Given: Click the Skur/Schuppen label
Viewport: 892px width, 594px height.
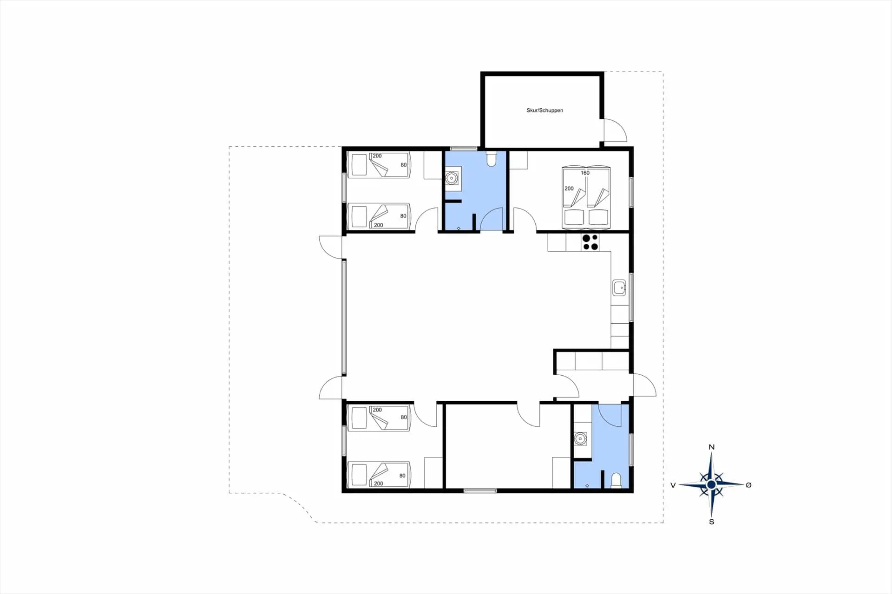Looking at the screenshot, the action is point(544,111).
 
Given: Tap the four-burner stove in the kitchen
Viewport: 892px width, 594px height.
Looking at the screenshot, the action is point(590,242).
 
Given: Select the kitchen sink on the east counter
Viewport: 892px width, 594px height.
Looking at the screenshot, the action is point(619,288).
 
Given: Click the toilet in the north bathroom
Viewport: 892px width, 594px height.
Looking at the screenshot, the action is point(492,158).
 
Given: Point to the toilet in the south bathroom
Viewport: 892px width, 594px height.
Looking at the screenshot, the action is point(616,481).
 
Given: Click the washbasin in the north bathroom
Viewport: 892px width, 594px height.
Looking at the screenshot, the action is point(452,178).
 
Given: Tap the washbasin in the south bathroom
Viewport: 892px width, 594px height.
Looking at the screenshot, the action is point(579,438).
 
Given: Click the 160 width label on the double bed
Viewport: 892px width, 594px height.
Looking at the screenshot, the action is point(585,173).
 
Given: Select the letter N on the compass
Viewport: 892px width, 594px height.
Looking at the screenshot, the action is point(711,447).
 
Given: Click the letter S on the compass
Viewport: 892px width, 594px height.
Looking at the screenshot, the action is point(711,522).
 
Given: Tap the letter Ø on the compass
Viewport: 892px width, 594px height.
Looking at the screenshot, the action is point(748,485).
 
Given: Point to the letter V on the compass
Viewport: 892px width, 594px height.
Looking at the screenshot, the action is point(673,485).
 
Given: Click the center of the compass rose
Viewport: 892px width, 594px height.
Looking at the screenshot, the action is point(711,485).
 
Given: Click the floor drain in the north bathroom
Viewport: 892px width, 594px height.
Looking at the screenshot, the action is point(459,228).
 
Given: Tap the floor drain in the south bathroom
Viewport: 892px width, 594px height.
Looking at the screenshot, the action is point(587,486).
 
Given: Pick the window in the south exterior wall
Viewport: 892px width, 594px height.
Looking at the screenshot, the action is point(480,490).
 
